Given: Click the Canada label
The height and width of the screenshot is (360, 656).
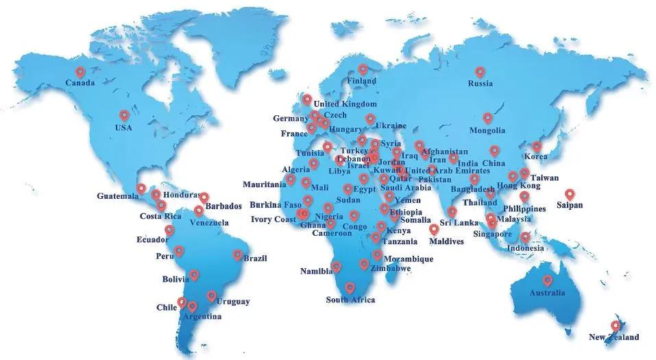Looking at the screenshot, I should point(80,83).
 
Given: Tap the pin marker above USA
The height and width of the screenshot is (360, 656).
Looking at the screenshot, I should point(124,116).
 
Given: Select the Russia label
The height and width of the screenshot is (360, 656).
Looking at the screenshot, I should point(480,84).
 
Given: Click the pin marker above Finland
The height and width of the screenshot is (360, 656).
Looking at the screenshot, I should point(363,69).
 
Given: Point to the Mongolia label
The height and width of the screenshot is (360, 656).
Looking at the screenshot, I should point(487,130).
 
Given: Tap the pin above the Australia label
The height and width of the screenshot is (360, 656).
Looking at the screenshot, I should point(547,280).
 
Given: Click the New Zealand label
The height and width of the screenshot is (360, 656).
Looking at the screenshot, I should point(614,337).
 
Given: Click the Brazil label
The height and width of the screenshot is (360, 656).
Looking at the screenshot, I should point(254,259).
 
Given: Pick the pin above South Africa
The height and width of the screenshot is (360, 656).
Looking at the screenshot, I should point(350,288).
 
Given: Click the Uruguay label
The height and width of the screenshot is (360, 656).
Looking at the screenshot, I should point(233,302).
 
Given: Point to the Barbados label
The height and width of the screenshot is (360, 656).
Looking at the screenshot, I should point(223,206).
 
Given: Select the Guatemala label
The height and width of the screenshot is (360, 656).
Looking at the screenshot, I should point(117,197).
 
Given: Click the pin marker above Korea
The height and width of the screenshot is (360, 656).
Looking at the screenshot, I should point(537,146).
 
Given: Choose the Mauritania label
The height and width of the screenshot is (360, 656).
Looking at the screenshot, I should point(264,184).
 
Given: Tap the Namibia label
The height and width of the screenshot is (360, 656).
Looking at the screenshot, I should point(316,272).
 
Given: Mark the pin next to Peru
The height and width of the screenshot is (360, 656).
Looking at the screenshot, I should point(179,251).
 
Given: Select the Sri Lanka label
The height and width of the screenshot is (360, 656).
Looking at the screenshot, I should point(459,223).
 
